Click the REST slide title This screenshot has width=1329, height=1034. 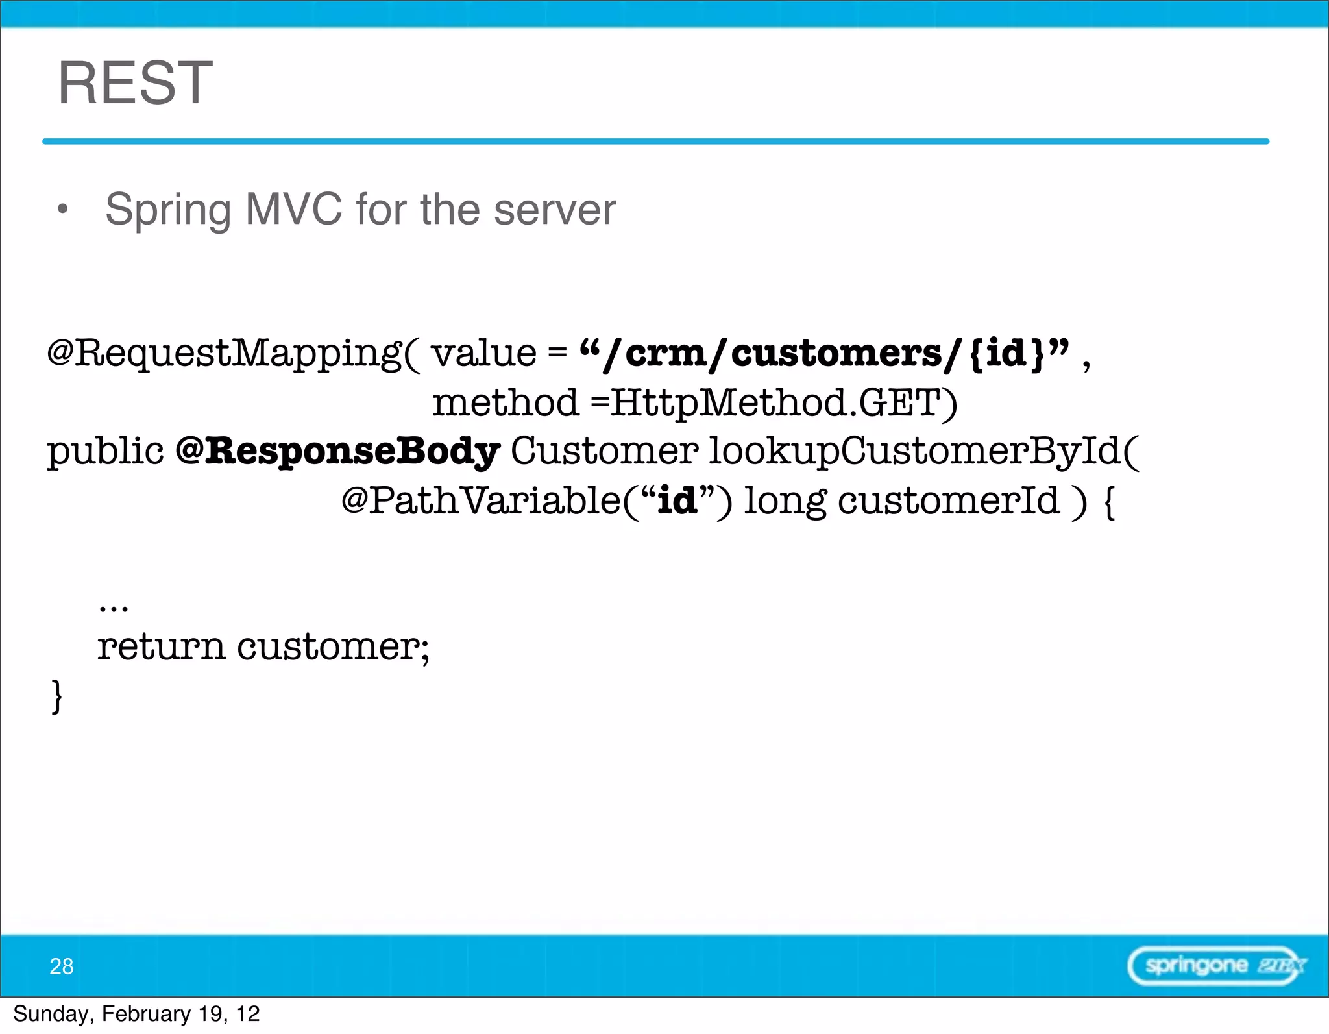[x=135, y=82]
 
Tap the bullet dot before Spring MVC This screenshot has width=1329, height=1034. [x=62, y=209]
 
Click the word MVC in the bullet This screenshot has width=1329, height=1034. [x=293, y=209]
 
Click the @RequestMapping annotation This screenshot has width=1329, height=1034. [x=224, y=354]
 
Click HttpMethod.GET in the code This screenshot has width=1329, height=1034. [x=783, y=402]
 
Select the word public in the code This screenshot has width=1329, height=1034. [x=105, y=452]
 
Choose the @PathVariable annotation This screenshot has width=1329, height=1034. [x=480, y=500]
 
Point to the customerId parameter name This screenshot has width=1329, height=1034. [x=949, y=500]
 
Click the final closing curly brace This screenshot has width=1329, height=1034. [x=57, y=696]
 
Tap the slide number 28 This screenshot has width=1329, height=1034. [x=62, y=966]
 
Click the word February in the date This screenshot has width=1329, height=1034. [x=146, y=1014]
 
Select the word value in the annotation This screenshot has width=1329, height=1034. [x=484, y=354]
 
